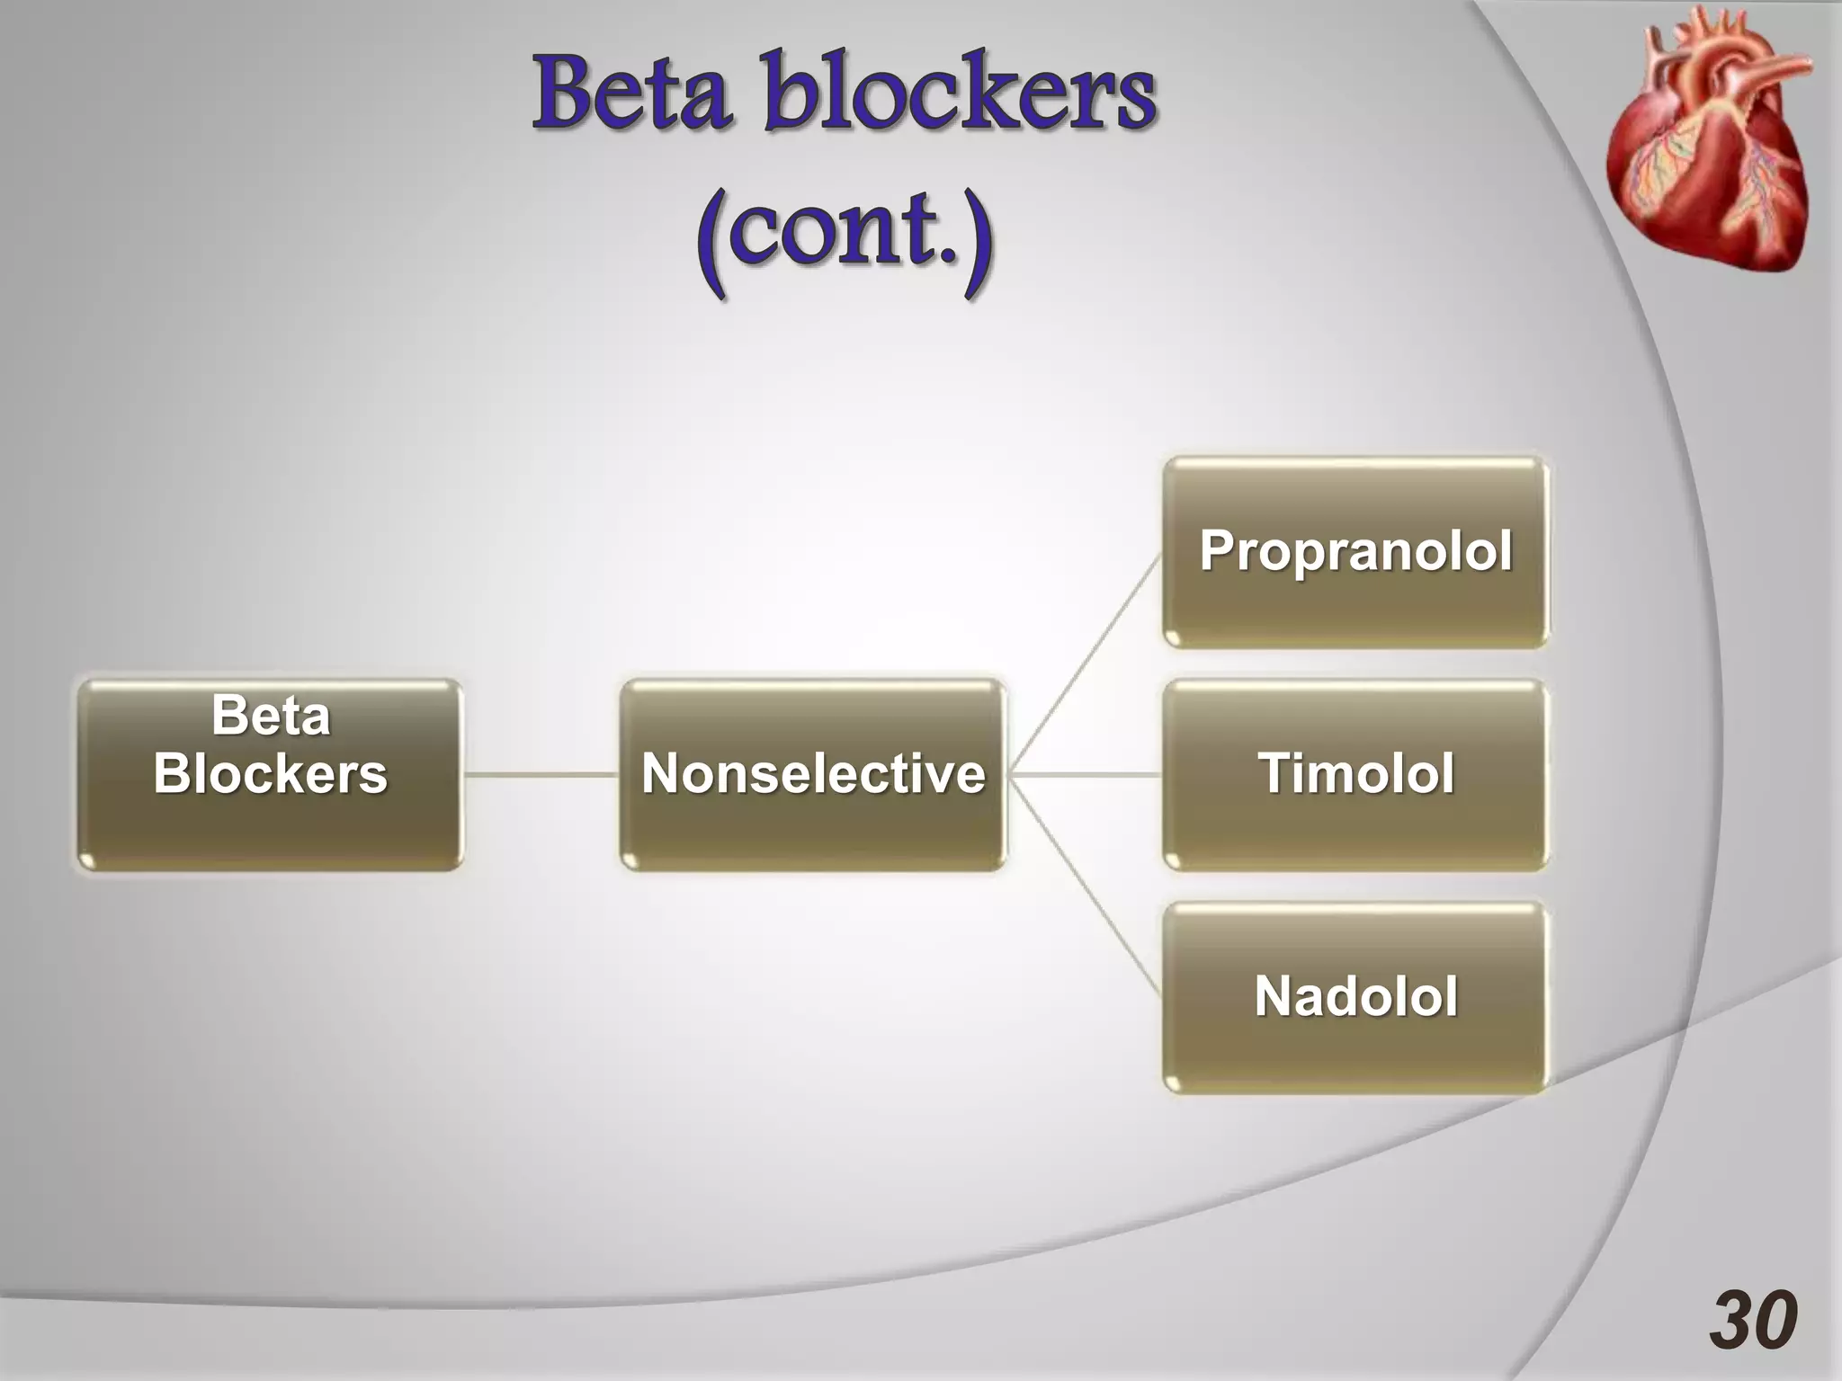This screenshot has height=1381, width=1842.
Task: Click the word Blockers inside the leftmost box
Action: tap(270, 773)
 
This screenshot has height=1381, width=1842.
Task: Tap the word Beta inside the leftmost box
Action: tap(270, 717)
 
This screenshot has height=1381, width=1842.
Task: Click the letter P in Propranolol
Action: tap(1218, 550)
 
